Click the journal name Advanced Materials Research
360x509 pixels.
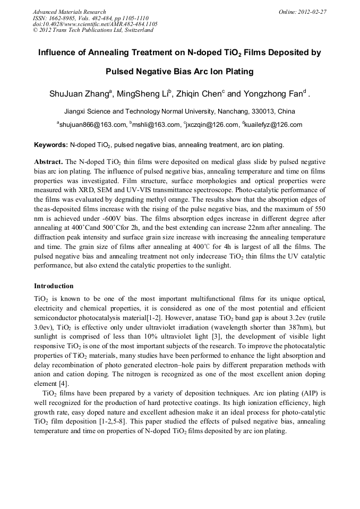click(x=69, y=11)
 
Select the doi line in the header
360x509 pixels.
click(x=95, y=24)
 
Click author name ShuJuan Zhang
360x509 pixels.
click(x=79, y=94)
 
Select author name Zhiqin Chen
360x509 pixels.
click(x=199, y=94)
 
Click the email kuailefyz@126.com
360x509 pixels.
click(x=273, y=125)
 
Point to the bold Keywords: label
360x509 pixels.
click(x=51, y=144)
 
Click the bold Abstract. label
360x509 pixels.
click(x=48, y=161)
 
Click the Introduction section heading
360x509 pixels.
click(x=54, y=286)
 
